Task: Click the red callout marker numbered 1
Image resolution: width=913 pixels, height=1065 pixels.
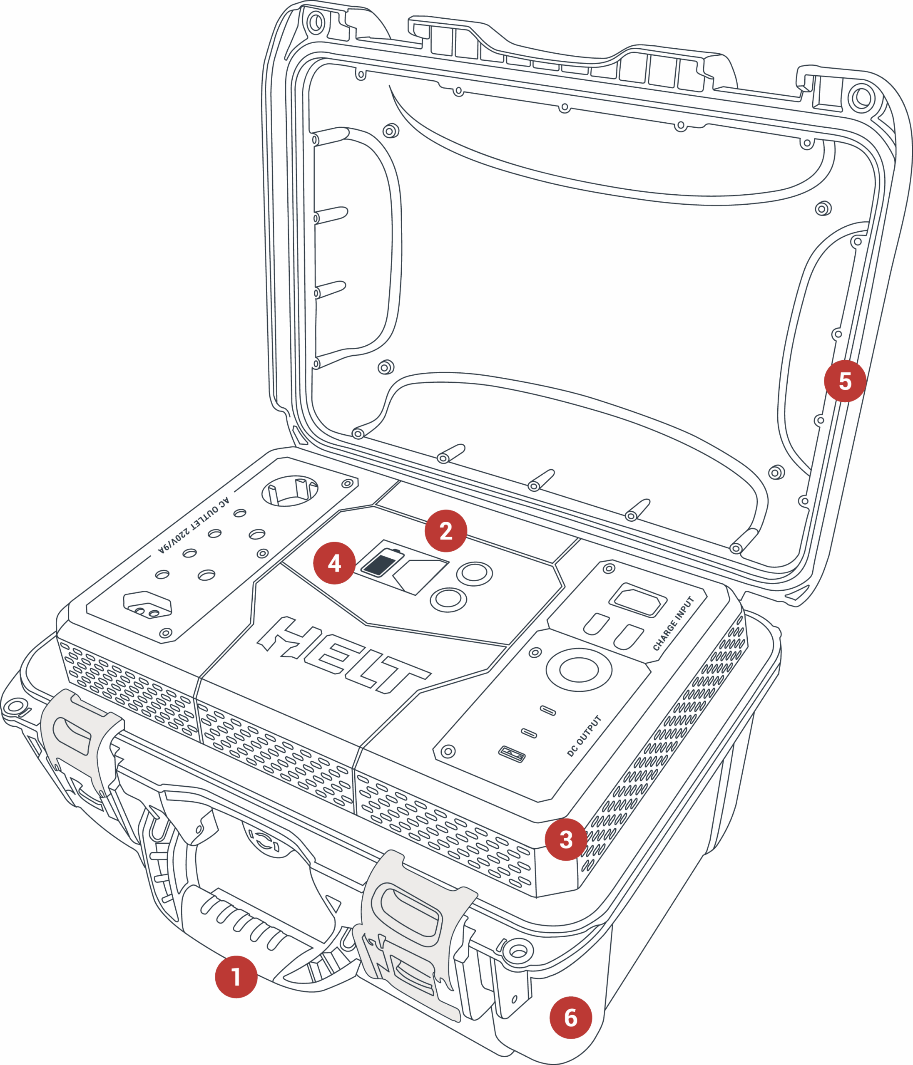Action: coord(236,976)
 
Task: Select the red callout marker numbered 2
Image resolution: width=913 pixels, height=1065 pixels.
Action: coord(446,531)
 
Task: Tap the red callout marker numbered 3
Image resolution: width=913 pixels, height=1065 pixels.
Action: coord(566,840)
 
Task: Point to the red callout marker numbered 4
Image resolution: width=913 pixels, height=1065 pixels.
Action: coord(334,563)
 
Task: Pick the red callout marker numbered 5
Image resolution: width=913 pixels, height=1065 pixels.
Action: coord(845,381)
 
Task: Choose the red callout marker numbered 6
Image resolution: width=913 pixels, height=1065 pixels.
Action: coord(570,1017)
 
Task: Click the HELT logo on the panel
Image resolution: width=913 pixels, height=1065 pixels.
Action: coord(343,654)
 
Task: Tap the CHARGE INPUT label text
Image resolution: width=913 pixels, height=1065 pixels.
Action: coord(674,624)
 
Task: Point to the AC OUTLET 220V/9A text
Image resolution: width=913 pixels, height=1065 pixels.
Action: coord(194,525)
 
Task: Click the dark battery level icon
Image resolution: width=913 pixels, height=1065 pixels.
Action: coord(382,563)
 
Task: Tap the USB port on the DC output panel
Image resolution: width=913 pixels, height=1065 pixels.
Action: coord(512,755)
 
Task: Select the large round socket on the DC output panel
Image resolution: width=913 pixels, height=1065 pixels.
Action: coord(579,670)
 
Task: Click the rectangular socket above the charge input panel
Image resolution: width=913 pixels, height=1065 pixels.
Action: coord(638,600)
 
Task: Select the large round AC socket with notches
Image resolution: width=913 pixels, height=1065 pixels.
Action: coord(290,490)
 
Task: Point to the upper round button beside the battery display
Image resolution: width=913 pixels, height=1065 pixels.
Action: coord(474,574)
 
